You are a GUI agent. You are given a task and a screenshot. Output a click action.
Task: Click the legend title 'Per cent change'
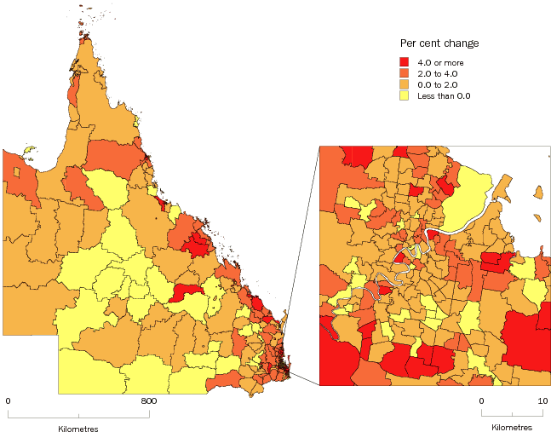[x=439, y=43]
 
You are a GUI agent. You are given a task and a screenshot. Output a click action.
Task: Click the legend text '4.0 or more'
[x=440, y=62]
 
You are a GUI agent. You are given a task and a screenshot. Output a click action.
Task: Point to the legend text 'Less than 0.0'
[x=444, y=95]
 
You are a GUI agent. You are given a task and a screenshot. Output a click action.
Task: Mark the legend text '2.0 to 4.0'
[x=438, y=73]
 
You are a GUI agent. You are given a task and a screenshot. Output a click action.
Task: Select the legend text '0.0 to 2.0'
[x=438, y=84]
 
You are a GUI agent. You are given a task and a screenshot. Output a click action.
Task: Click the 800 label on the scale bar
[x=148, y=400]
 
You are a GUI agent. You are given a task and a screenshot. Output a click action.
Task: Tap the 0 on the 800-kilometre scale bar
[x=8, y=400]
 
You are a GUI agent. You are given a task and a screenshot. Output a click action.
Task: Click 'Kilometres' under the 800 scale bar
[x=78, y=427]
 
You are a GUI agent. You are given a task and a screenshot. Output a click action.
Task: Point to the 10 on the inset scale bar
[x=541, y=400]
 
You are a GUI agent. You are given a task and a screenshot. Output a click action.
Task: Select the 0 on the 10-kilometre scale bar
[x=480, y=400]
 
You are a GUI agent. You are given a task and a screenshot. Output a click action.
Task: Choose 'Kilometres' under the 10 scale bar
[x=511, y=427]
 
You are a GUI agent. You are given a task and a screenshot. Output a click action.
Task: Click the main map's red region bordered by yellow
[x=188, y=292]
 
